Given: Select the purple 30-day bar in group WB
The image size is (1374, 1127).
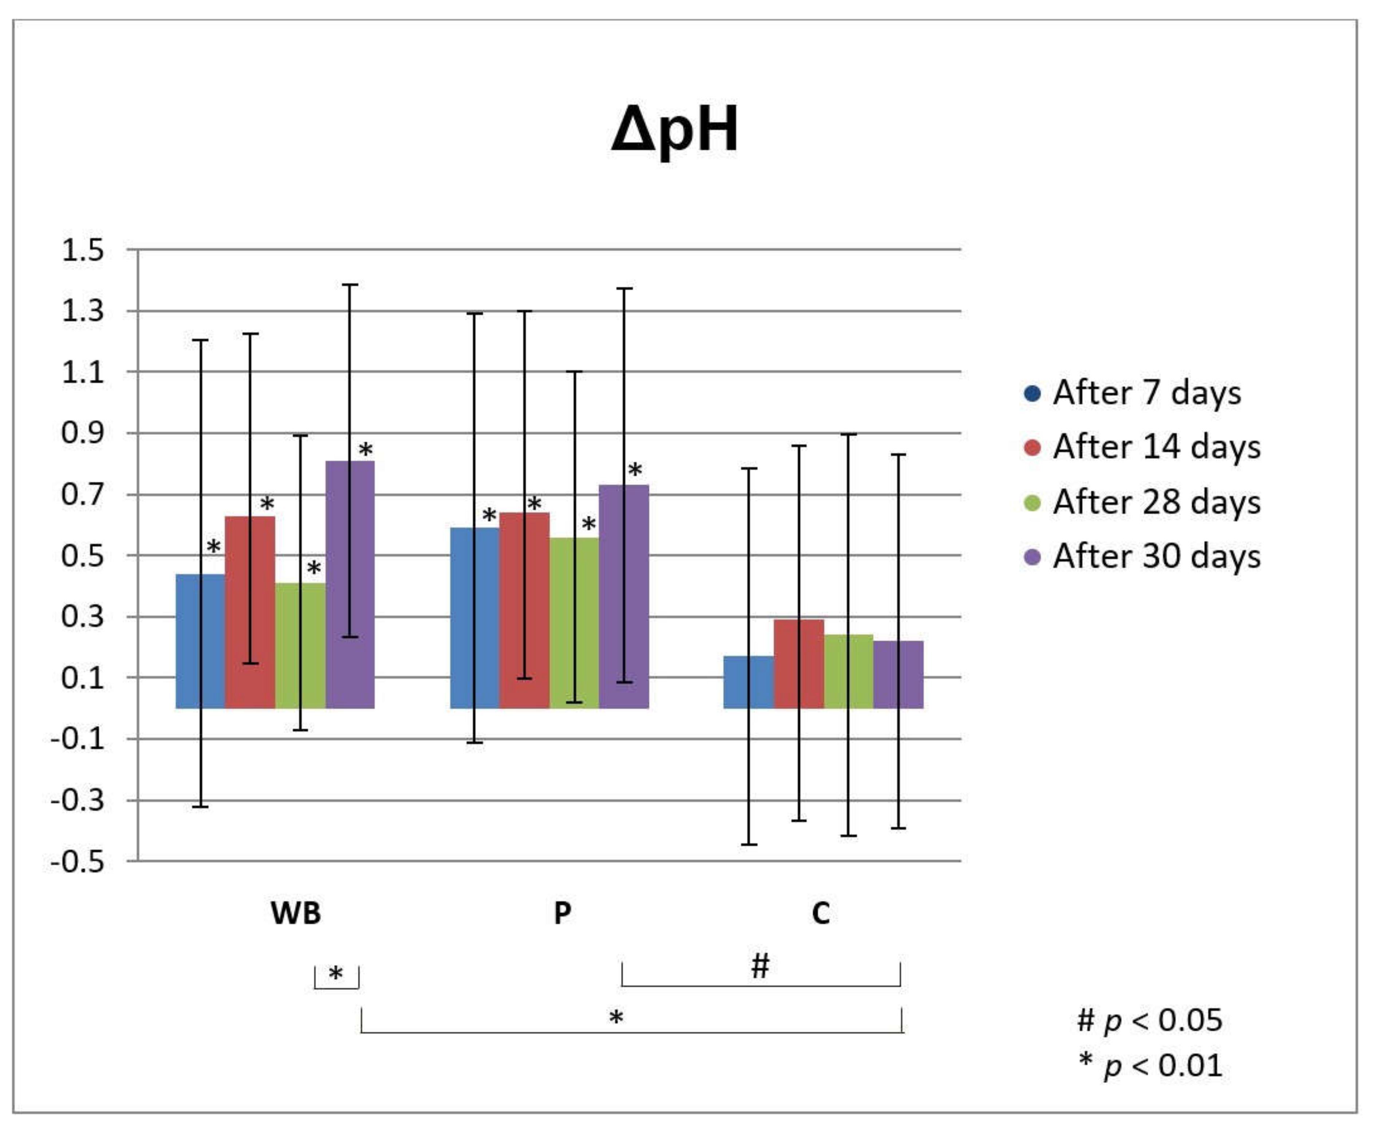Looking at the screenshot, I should (350, 584).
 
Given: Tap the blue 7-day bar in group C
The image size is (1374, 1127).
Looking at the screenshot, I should (749, 682).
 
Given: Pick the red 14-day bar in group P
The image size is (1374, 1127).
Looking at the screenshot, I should (525, 610).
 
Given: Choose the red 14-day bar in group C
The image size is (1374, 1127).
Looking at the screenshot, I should (799, 663).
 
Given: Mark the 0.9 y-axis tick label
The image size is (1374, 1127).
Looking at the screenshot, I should (83, 433).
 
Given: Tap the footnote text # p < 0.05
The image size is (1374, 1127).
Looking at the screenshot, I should (1149, 1020).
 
